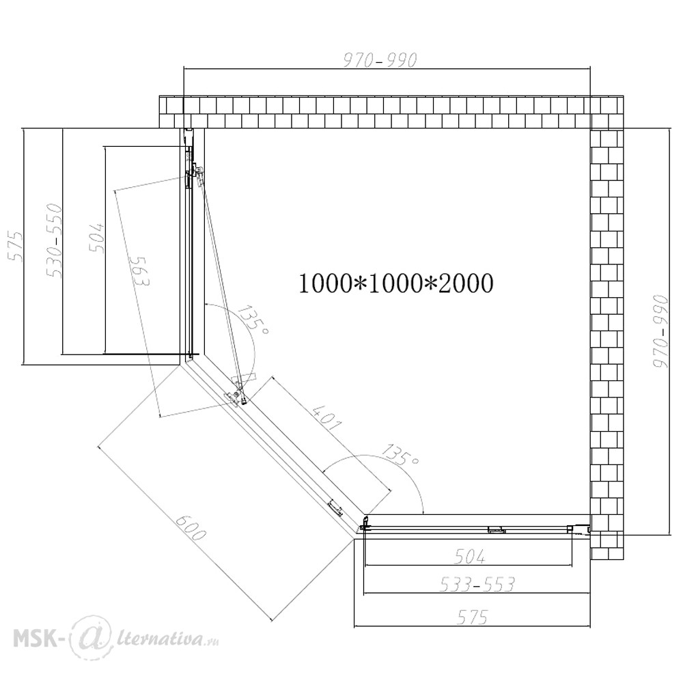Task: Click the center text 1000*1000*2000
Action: tap(395, 283)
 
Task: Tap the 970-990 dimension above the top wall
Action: tap(380, 61)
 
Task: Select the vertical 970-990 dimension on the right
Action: tap(660, 331)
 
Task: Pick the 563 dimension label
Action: tap(139, 271)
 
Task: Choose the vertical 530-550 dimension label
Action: tap(55, 240)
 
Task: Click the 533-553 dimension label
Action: tap(477, 584)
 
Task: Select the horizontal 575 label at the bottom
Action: tap(473, 617)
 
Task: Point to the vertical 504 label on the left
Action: tap(97, 238)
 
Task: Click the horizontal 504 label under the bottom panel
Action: tap(469, 556)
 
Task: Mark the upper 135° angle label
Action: tap(253, 321)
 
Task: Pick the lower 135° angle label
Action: tap(400, 454)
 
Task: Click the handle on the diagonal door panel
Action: tap(335, 508)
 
